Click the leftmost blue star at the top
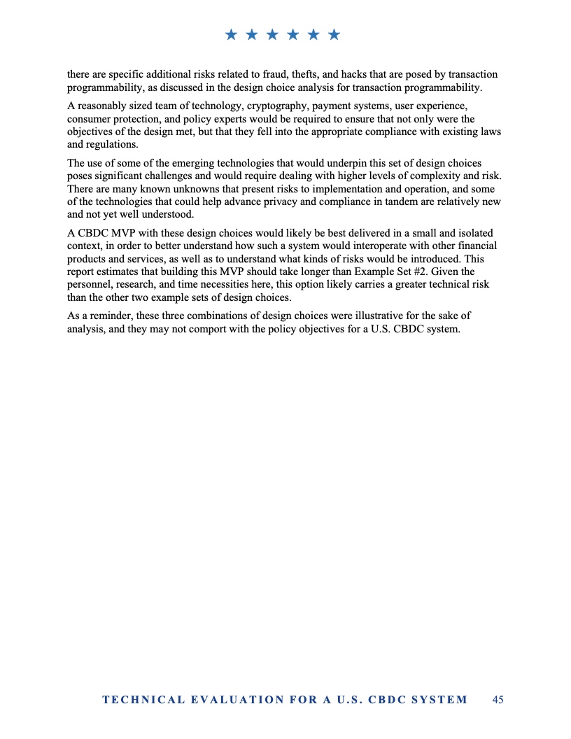tap(232, 34)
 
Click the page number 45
tap(498, 699)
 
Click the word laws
tap(490, 132)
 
